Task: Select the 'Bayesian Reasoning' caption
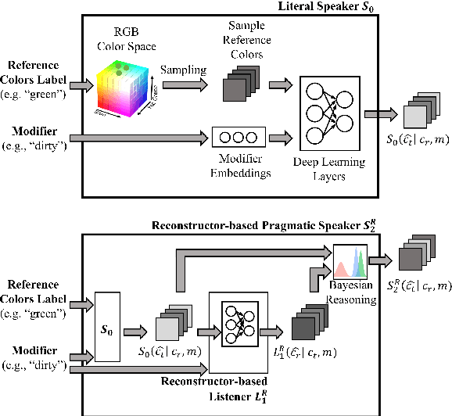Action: (x=352, y=290)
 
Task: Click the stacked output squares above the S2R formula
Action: (x=414, y=259)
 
